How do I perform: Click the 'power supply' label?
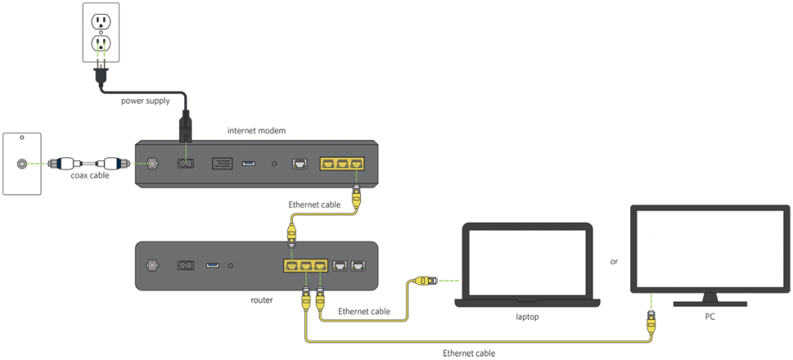(x=145, y=101)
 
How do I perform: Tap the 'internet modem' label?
(x=256, y=130)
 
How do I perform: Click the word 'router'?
(x=262, y=300)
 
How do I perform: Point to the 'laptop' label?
(x=527, y=317)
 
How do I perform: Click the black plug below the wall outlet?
(x=101, y=74)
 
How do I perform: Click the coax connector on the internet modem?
(x=152, y=164)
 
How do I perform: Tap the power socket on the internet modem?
(x=186, y=164)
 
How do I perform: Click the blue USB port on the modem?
(x=249, y=164)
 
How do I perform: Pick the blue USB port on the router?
(x=212, y=265)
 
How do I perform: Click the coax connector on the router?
(x=151, y=265)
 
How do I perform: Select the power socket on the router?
(x=186, y=265)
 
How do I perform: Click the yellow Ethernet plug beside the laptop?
(x=422, y=279)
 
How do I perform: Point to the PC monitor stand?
(x=710, y=300)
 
